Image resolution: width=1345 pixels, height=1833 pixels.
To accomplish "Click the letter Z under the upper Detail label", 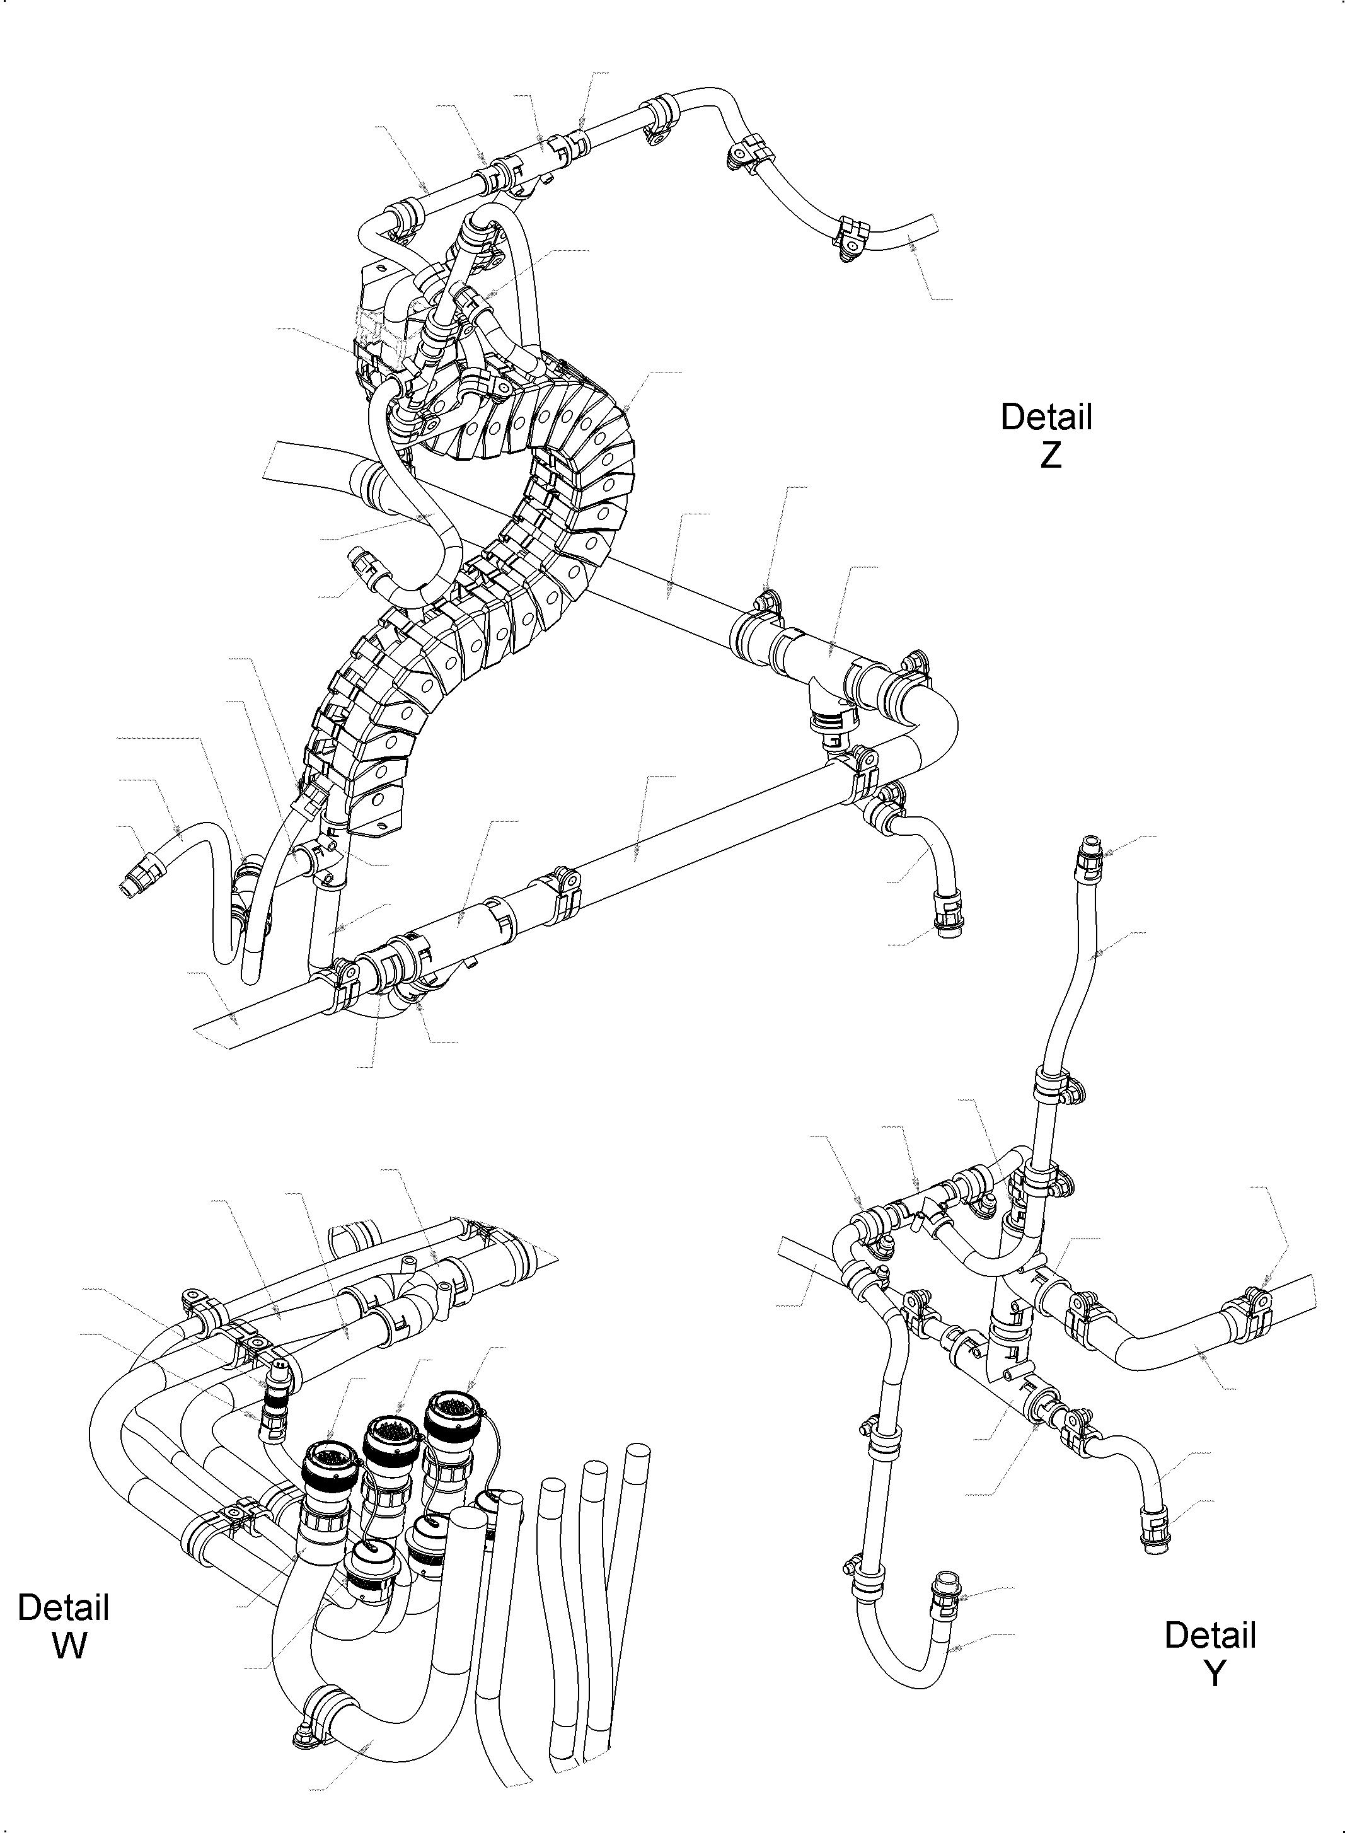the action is coord(1050,456).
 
